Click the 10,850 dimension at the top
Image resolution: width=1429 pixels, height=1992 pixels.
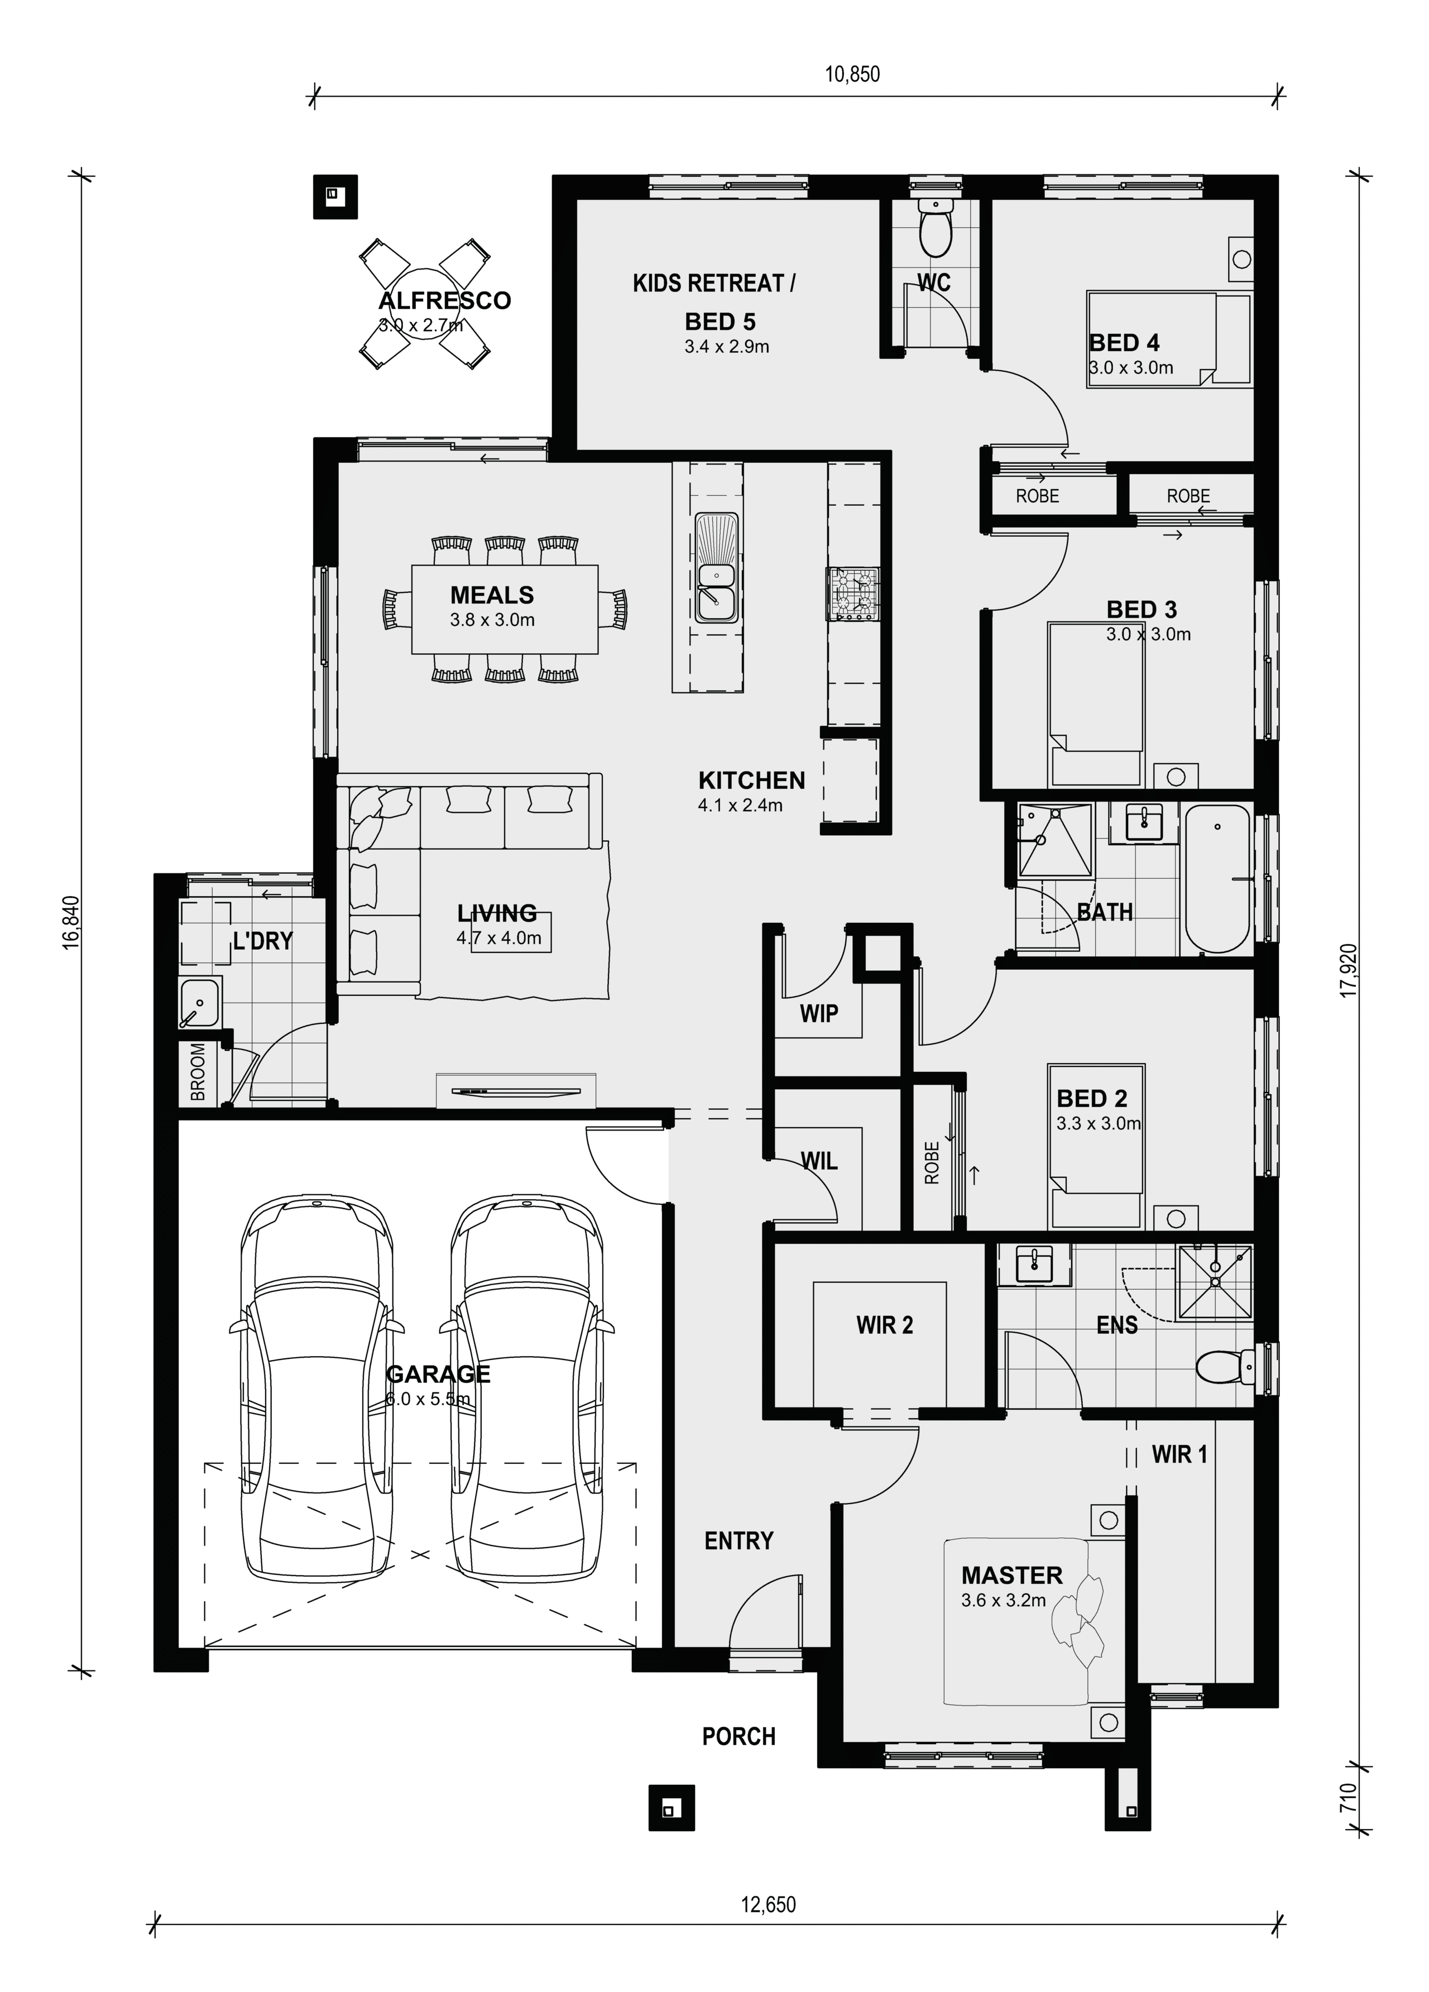[x=851, y=74]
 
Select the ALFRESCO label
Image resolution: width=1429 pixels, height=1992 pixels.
[x=444, y=300]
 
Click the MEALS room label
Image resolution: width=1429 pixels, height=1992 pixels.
[x=492, y=595]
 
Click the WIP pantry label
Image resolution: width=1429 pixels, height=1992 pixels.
[x=818, y=1013]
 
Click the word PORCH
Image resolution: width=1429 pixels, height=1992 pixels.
[x=739, y=1736]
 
